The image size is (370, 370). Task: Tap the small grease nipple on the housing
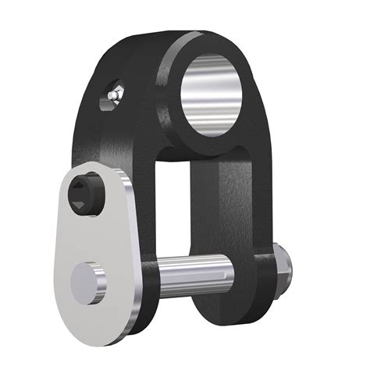(x=114, y=94)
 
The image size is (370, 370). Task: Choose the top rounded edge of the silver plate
(x=94, y=165)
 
